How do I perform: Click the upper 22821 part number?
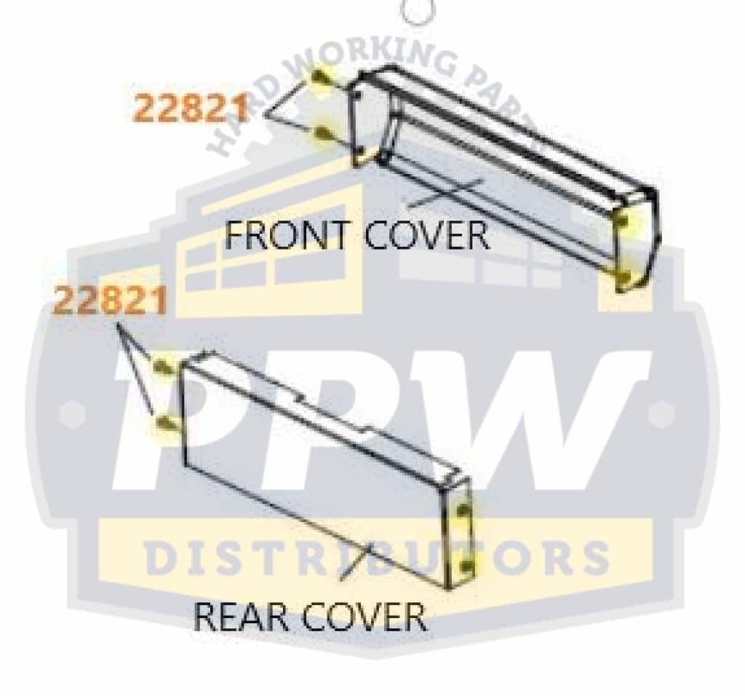coord(191,109)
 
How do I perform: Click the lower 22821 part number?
coord(111,300)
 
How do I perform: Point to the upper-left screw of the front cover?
coord(320,80)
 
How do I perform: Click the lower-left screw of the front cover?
coord(322,135)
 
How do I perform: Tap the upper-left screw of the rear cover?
coord(163,365)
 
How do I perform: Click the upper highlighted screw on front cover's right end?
coord(623,222)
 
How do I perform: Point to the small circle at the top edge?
coord(415,10)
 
